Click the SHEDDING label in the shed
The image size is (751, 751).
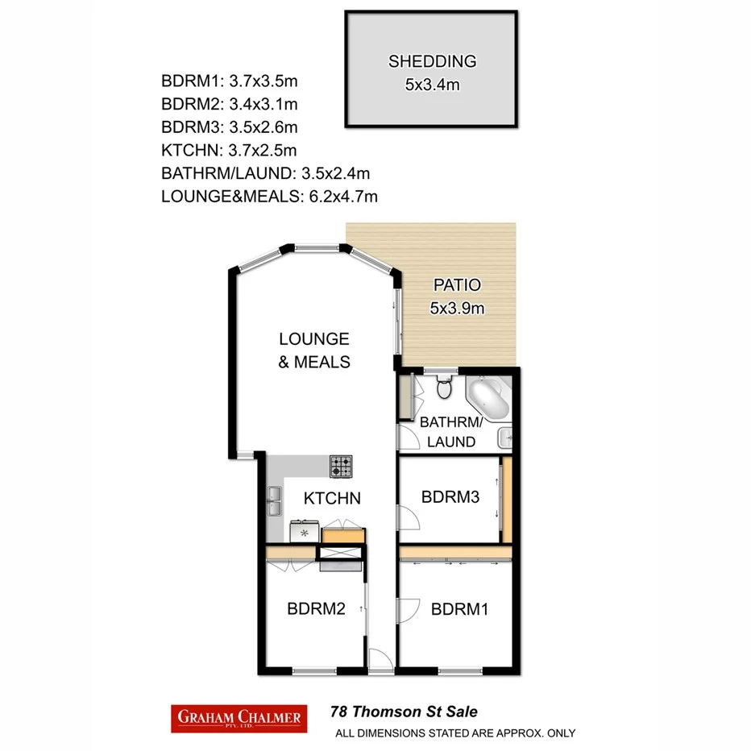click(x=432, y=61)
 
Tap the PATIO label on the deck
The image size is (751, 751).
click(x=457, y=284)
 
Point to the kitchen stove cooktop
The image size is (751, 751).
click(x=341, y=466)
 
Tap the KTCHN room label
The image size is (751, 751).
click(x=331, y=499)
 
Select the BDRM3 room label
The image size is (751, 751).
click(x=450, y=497)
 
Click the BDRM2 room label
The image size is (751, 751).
click(x=316, y=609)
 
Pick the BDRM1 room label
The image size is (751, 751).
click(x=460, y=609)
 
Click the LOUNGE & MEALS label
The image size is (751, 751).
click(x=314, y=351)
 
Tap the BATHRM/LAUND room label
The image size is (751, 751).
click(x=451, y=432)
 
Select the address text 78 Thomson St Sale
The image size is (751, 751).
click(x=404, y=712)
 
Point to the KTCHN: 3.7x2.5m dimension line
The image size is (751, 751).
click(x=230, y=150)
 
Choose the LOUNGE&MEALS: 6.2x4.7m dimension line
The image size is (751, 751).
click(x=270, y=196)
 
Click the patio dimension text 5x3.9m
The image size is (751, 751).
click(x=457, y=308)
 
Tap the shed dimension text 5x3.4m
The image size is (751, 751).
click(x=432, y=84)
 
